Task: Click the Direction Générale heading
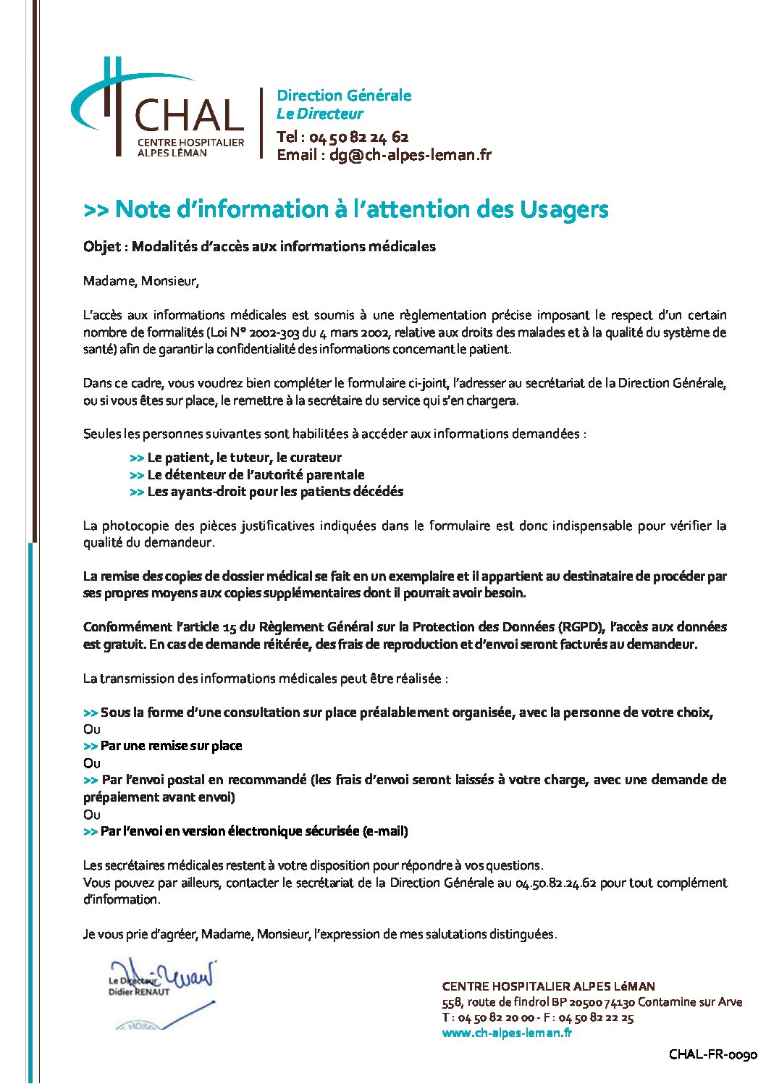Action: coord(344,96)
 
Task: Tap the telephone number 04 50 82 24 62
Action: coord(358,137)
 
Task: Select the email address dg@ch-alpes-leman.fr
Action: coord(410,155)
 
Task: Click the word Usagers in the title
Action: coord(564,209)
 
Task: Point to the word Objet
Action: coord(101,247)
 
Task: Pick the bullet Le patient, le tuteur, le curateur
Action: coord(244,458)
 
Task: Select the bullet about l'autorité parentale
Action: coord(256,475)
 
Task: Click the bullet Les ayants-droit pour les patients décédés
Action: coord(275,492)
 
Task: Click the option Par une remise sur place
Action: coord(171,746)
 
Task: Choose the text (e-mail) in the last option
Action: coord(385,831)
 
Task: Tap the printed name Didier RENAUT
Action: coord(139,992)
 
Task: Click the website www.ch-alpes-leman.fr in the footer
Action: coord(507,1033)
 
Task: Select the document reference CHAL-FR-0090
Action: coord(712,1054)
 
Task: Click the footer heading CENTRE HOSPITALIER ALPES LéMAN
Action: coord(548,986)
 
